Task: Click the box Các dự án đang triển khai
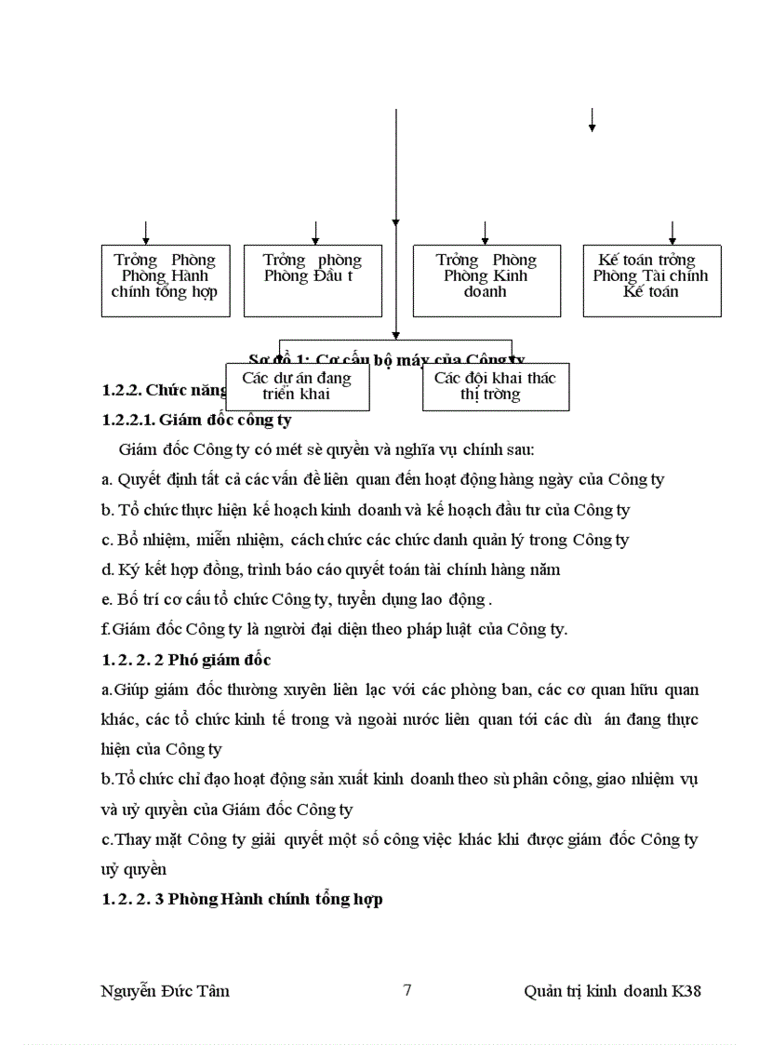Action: coord(297,386)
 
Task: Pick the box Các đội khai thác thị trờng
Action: coord(495,386)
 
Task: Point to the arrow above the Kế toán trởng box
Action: coord(672,233)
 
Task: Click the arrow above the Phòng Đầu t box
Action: coord(316,233)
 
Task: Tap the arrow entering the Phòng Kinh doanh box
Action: coord(486,233)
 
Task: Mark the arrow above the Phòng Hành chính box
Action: coord(146,233)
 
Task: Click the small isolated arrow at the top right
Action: coord(592,120)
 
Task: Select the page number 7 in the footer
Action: coord(407,990)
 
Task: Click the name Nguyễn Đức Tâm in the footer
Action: coord(165,991)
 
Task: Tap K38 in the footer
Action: coord(686,991)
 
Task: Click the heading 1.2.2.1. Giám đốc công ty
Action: coord(196,420)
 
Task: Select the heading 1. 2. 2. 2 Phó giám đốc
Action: coord(186,660)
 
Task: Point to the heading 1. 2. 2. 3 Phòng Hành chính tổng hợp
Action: coord(242,900)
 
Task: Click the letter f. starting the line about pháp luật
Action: coord(104,629)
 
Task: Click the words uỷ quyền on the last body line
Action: coord(134,870)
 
